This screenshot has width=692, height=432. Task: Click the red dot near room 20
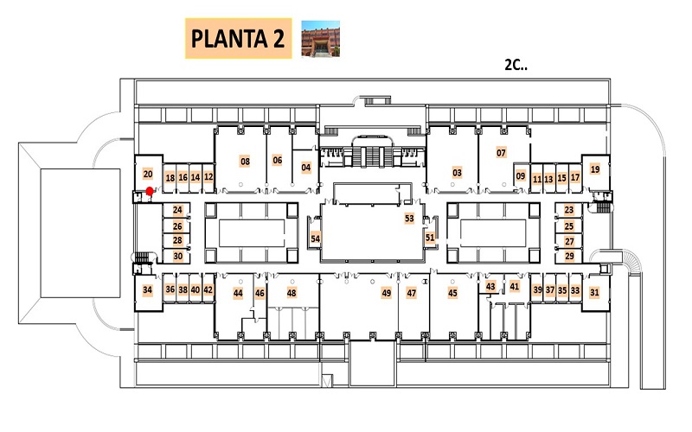click(150, 191)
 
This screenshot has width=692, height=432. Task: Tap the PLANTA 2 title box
click(239, 38)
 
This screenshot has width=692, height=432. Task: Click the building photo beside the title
click(320, 39)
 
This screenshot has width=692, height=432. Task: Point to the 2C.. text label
click(516, 66)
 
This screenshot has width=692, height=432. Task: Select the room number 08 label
click(245, 162)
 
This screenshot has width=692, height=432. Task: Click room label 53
click(409, 219)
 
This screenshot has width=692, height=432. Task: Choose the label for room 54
click(315, 238)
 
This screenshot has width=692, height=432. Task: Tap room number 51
click(430, 238)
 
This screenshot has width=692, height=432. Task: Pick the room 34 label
click(147, 289)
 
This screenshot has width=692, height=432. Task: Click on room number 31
click(594, 292)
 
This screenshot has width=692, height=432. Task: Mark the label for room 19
click(595, 168)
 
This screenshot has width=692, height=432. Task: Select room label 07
click(501, 153)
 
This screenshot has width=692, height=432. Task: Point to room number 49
click(386, 293)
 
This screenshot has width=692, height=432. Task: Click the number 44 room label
click(238, 293)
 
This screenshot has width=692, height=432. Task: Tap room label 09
click(521, 176)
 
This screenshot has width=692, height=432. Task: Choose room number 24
click(177, 210)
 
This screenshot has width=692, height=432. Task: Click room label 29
click(569, 256)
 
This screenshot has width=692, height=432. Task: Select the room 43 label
click(490, 286)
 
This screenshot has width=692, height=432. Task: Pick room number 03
click(457, 172)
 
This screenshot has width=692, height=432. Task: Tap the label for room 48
click(292, 293)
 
